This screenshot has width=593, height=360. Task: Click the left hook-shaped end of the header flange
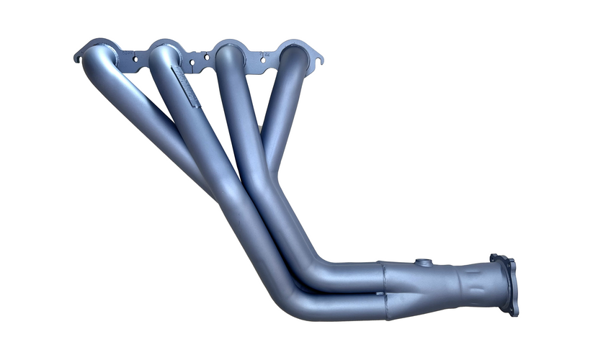78,55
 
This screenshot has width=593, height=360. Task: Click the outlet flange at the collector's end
505,284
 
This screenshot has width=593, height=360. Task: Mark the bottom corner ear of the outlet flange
513,312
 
